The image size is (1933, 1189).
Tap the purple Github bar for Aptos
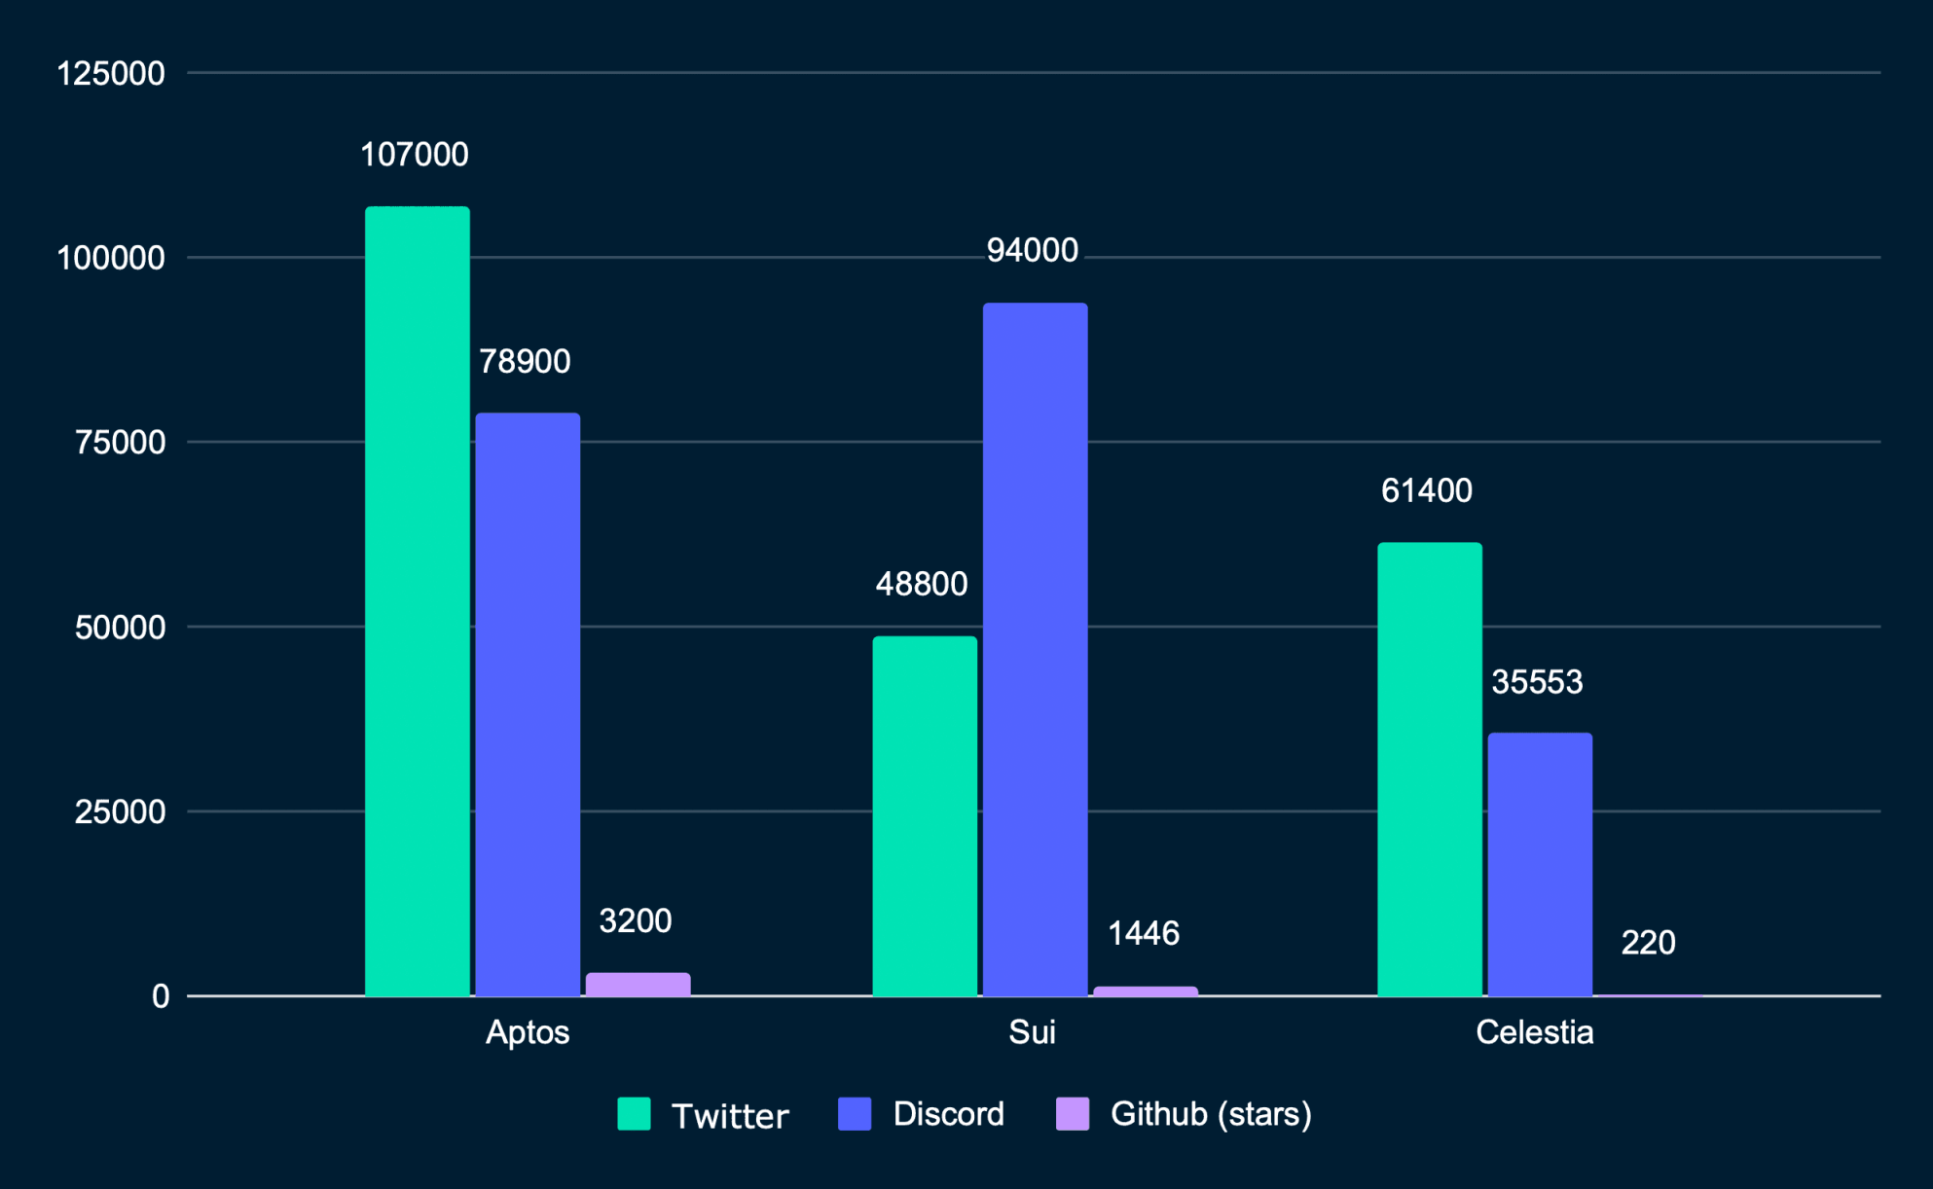(x=638, y=984)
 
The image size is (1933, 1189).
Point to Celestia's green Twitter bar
(x=1430, y=769)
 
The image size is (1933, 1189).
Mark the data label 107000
(x=415, y=155)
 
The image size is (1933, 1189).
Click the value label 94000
(x=1032, y=251)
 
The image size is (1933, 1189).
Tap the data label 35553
(x=1537, y=682)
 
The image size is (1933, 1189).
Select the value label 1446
(x=1144, y=934)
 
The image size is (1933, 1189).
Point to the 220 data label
(x=1648, y=943)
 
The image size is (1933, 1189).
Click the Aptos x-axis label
(x=528, y=1032)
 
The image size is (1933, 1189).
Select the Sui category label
(x=1032, y=1032)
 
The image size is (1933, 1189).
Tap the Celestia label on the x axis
(x=1534, y=1032)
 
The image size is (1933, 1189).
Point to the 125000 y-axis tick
(x=111, y=74)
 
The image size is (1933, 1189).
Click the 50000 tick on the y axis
(x=120, y=628)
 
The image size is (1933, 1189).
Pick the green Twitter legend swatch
(x=634, y=1114)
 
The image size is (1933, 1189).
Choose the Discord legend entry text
(x=948, y=1114)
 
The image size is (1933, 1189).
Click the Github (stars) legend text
(x=1211, y=1114)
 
